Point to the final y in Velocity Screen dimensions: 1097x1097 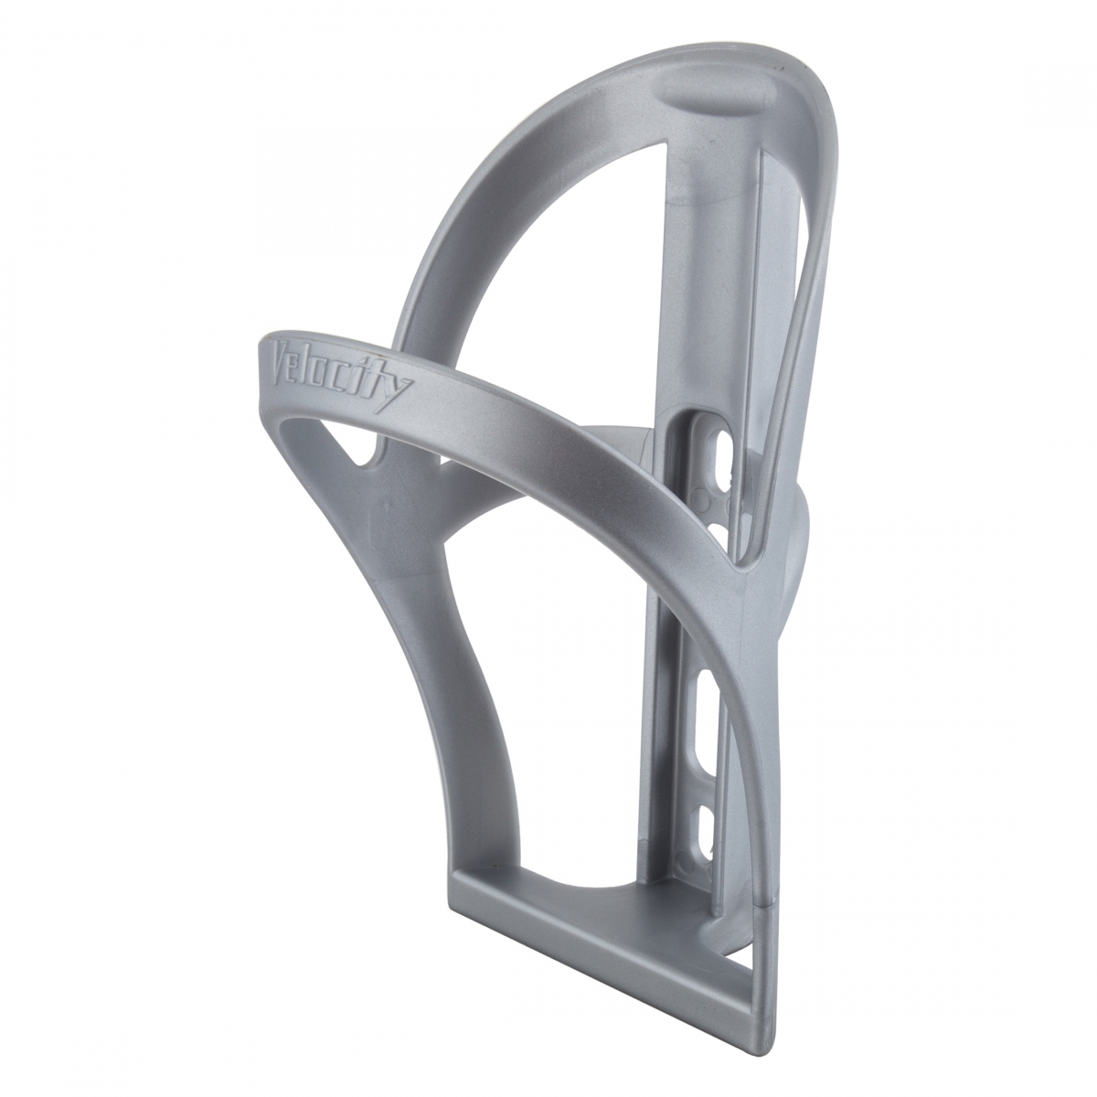pos(399,386)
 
